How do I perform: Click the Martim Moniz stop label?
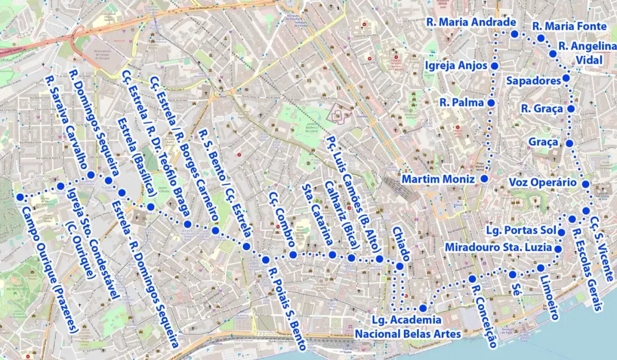(x=438, y=179)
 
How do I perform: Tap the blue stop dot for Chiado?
(x=400, y=267)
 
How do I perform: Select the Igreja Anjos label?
(x=456, y=66)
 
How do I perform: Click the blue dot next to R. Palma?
(x=490, y=103)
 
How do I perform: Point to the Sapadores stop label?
(x=534, y=81)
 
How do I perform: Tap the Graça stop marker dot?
(x=570, y=143)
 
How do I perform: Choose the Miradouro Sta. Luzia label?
(x=498, y=248)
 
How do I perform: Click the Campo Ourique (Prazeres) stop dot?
(x=20, y=197)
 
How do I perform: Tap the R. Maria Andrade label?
(x=471, y=22)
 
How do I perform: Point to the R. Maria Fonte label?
(x=569, y=26)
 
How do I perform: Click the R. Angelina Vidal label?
(x=587, y=53)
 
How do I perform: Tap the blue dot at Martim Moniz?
(x=484, y=179)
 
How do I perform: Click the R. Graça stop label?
(x=542, y=109)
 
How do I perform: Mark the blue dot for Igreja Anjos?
(x=494, y=66)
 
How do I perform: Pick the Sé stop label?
(x=518, y=286)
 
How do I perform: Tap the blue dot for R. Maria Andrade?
(x=514, y=34)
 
